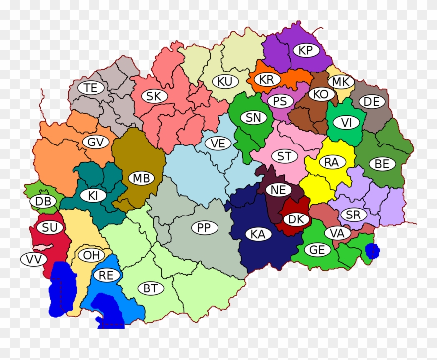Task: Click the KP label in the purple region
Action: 306,50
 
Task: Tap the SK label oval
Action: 154,96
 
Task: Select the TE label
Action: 90,88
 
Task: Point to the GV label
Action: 96,143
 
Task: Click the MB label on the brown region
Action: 141,178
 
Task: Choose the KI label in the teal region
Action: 93,196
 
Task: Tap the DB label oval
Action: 43,202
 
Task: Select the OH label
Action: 91,255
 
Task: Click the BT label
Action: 150,288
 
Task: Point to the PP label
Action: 204,228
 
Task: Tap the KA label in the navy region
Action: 258,235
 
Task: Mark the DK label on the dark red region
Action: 296,219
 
